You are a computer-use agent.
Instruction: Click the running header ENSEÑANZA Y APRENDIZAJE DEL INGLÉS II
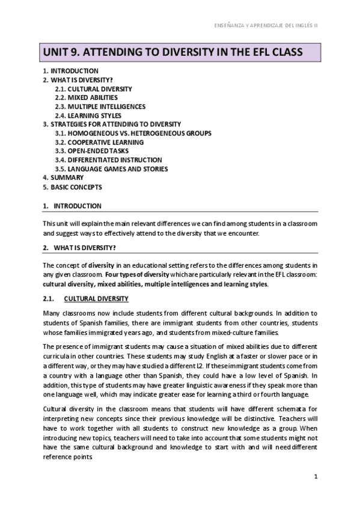(x=266, y=26)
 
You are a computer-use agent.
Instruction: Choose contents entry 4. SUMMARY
(x=63, y=177)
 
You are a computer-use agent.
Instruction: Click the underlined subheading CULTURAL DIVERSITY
(x=96, y=298)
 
